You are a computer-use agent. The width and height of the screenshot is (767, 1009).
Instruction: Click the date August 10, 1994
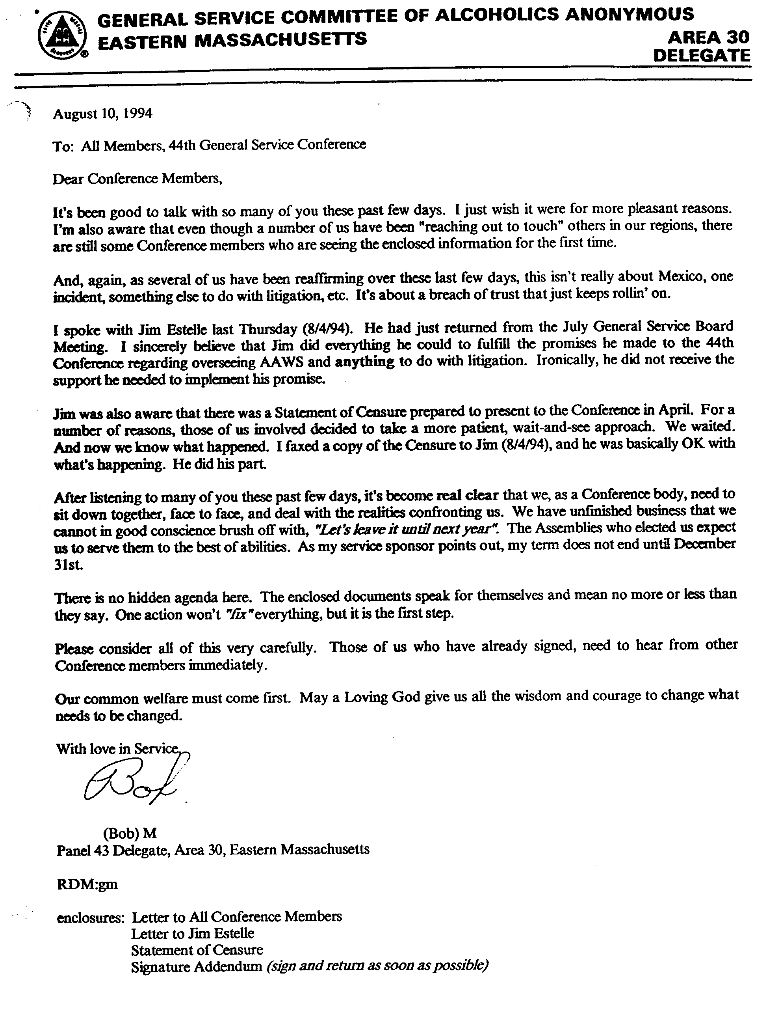point(103,113)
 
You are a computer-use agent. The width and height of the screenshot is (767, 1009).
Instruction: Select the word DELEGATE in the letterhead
point(702,56)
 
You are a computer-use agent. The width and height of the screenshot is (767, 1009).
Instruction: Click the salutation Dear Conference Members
point(137,179)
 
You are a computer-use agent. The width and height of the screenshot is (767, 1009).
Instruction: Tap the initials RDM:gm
point(87,884)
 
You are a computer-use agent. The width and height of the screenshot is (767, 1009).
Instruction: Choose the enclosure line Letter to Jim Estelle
point(192,934)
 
